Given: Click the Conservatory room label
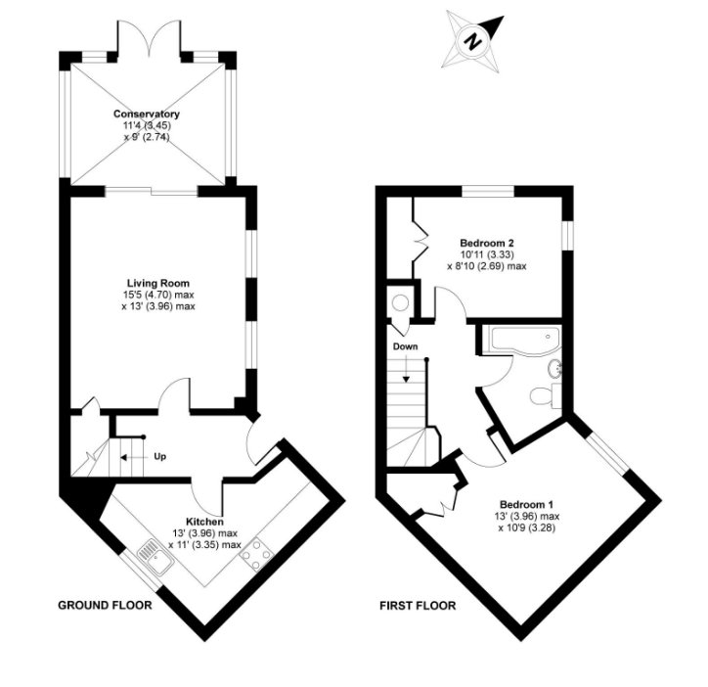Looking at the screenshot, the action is click(x=147, y=114).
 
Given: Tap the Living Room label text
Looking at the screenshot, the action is click(x=158, y=284).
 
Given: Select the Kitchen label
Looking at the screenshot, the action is click(x=204, y=522).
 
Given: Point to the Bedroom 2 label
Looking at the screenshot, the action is click(x=487, y=243).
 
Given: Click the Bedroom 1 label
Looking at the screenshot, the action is click(x=526, y=504).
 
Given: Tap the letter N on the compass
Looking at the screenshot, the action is click(x=472, y=41).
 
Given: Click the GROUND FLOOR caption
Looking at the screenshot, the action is click(x=105, y=605).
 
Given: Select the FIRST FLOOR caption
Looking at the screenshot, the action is click(x=418, y=605).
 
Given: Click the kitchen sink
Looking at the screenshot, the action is click(x=155, y=557).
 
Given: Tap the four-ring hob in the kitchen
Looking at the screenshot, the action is click(x=256, y=554).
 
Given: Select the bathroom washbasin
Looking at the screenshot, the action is click(x=554, y=368).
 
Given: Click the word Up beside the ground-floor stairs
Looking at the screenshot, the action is click(x=159, y=456).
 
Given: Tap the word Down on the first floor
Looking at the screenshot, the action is click(x=405, y=346).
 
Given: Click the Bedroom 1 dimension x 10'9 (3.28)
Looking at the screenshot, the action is click(x=526, y=527).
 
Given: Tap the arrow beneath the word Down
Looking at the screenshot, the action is click(x=406, y=369).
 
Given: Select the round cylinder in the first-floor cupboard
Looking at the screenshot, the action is click(x=400, y=302).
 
